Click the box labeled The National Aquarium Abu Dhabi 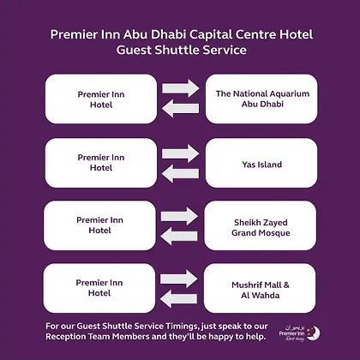point(261,99)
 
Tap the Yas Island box point(261,163)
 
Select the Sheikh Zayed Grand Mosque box point(261,225)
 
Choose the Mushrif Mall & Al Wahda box point(260,288)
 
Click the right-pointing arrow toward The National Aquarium point(181,88)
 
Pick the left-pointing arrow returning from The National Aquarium point(180,108)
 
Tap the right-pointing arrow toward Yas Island point(181,153)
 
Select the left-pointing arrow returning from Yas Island point(180,173)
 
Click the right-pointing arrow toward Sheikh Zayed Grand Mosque point(179,216)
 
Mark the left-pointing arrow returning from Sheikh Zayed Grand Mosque point(179,236)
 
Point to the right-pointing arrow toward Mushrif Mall point(178,279)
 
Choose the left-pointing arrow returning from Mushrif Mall point(178,298)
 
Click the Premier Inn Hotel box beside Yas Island point(101,163)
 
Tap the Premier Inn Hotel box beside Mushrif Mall point(99,288)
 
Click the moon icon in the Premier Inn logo point(314,333)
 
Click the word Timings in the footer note point(181,327)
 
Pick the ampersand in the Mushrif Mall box point(286,285)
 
